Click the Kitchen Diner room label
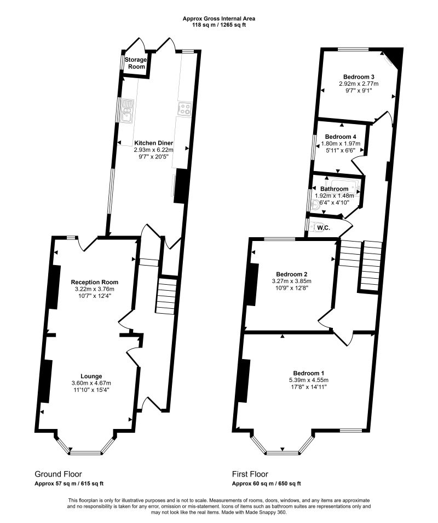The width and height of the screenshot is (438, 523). pos(154,143)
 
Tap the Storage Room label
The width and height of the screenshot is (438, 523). pos(136,63)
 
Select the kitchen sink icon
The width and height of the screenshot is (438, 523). pos(127,111)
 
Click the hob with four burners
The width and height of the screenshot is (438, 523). pos(185,108)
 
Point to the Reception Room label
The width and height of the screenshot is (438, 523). pos(95,282)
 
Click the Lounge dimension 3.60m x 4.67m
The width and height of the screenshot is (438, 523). pos(91,383)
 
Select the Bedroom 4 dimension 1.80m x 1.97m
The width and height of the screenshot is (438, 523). pos(341,144)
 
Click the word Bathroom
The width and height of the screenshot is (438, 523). pos(334,189)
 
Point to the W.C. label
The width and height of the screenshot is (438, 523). pos(324,228)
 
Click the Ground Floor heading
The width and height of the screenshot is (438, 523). pos(59,474)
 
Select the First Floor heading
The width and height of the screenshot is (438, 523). pos(250,474)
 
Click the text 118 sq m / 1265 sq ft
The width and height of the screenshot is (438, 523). pos(219,25)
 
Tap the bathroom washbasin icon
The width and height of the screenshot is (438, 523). pos(315,205)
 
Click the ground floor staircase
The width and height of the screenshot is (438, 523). pos(166,296)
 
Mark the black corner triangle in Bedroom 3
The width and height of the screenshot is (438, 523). pos(394,56)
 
